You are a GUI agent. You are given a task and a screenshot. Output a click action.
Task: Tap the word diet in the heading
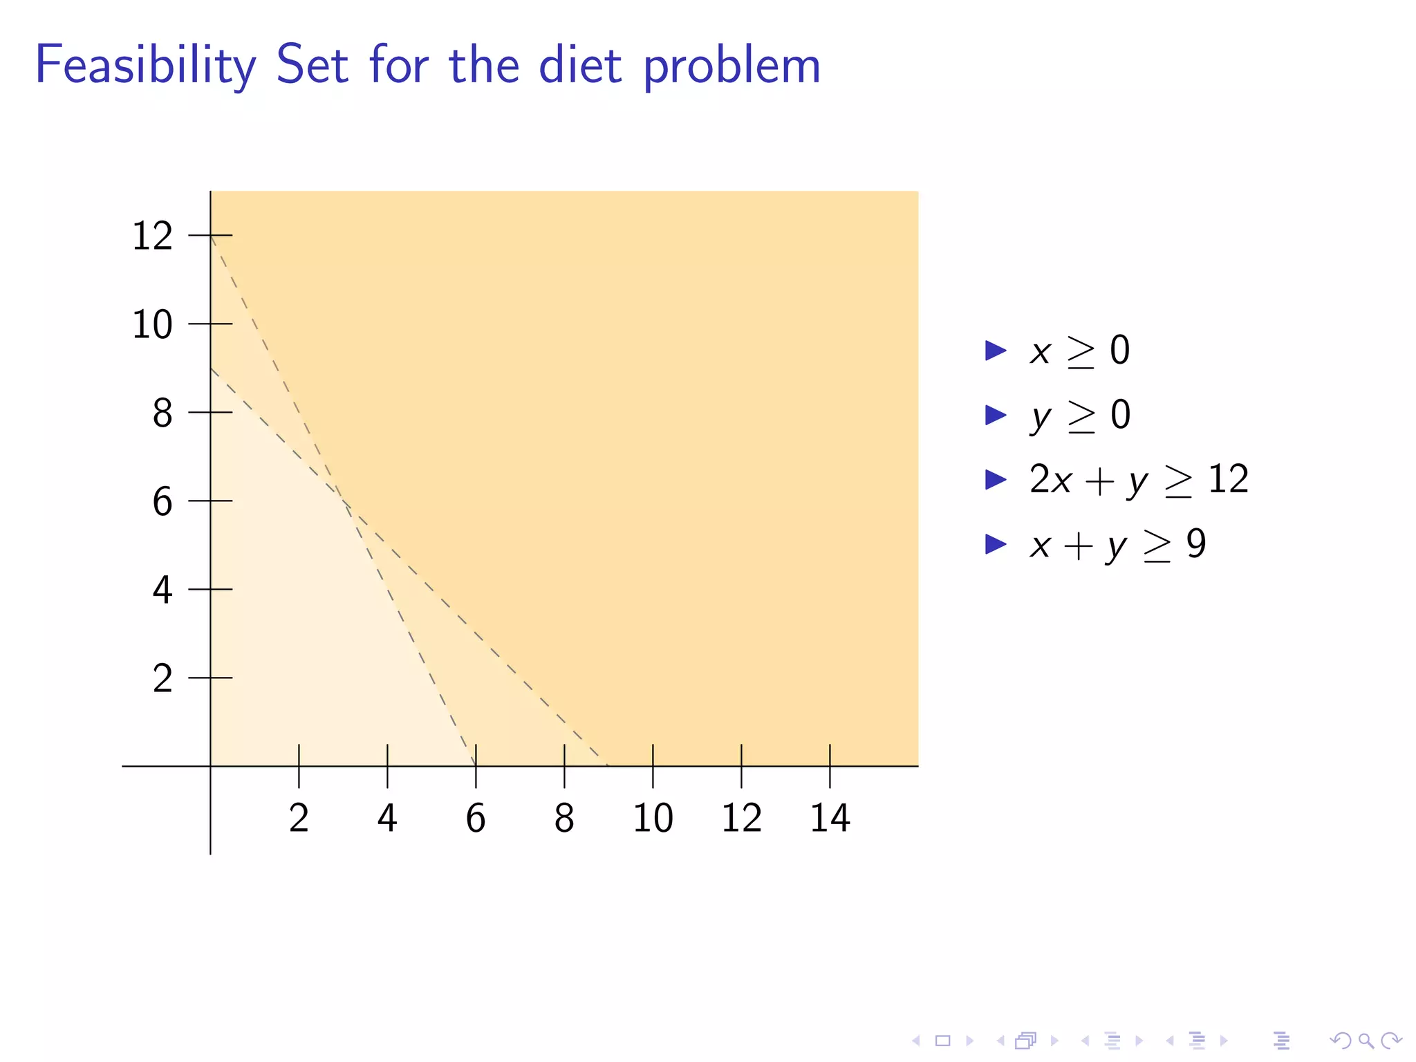(580, 66)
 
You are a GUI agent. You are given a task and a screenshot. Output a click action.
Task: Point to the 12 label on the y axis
(152, 236)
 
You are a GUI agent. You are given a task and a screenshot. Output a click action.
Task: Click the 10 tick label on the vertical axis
(152, 324)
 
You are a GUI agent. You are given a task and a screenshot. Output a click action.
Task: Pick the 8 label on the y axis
(162, 413)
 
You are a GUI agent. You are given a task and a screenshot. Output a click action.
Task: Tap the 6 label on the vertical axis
(162, 501)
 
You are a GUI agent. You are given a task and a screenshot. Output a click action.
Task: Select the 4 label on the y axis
(162, 590)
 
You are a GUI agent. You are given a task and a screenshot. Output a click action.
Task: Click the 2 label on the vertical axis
(162, 678)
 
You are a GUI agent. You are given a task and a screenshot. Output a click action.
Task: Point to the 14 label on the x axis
(830, 818)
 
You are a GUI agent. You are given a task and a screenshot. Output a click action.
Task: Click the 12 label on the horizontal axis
(741, 818)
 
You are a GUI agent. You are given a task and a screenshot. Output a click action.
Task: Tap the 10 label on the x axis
(653, 818)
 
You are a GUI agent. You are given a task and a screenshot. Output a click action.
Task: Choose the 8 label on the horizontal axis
(564, 818)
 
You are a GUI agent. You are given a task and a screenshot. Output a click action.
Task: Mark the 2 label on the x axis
(299, 818)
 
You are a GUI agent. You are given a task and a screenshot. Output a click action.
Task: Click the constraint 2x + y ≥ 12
(1139, 479)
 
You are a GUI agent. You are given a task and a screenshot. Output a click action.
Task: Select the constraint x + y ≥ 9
(1117, 544)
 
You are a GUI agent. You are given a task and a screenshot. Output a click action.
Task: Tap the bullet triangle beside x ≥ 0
(995, 351)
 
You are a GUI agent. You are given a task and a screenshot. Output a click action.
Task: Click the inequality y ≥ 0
(1080, 416)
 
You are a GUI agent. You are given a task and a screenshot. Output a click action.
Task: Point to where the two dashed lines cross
(343, 501)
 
